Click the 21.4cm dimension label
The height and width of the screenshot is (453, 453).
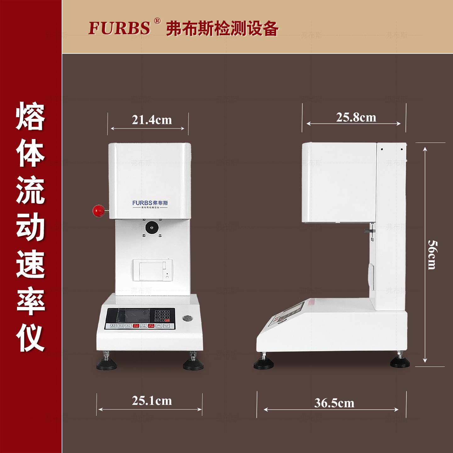pos(152,120)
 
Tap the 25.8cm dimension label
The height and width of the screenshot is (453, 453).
pos(356,117)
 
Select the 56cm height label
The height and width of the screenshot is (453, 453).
pos(433,254)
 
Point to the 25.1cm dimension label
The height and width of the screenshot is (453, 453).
pos(152,400)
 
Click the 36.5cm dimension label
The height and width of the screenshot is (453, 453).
pos(334,403)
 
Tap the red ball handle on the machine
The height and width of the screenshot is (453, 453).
pos(99,210)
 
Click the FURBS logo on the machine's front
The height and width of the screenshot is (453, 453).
pos(150,204)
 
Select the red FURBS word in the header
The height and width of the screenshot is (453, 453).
pos(119,28)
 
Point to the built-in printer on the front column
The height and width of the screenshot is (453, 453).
pos(153,270)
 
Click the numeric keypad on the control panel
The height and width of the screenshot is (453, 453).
pos(162,315)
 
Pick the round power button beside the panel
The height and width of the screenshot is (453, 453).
pos(187,318)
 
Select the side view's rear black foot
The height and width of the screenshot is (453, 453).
pos(400,362)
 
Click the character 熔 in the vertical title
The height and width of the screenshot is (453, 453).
pos(31,116)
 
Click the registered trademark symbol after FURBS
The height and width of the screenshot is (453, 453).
pos(157,21)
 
